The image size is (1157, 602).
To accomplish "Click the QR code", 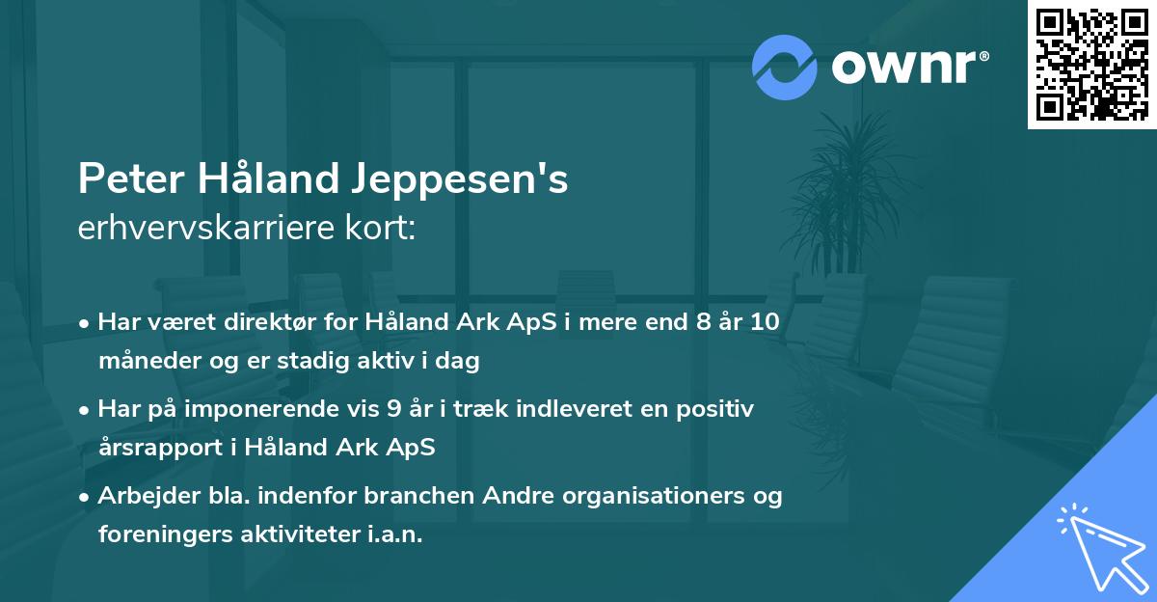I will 1091,64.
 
